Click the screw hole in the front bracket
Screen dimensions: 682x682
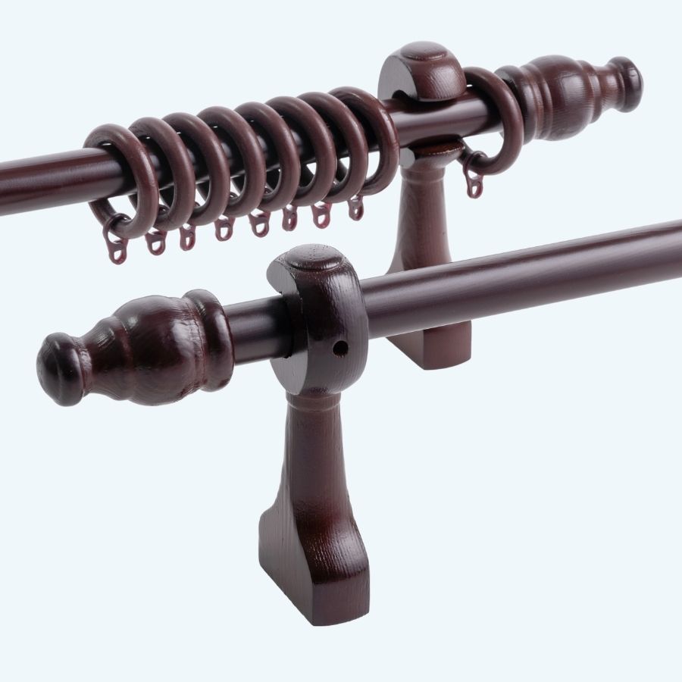click(x=340, y=348)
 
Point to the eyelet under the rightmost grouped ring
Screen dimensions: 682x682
click(x=355, y=208)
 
